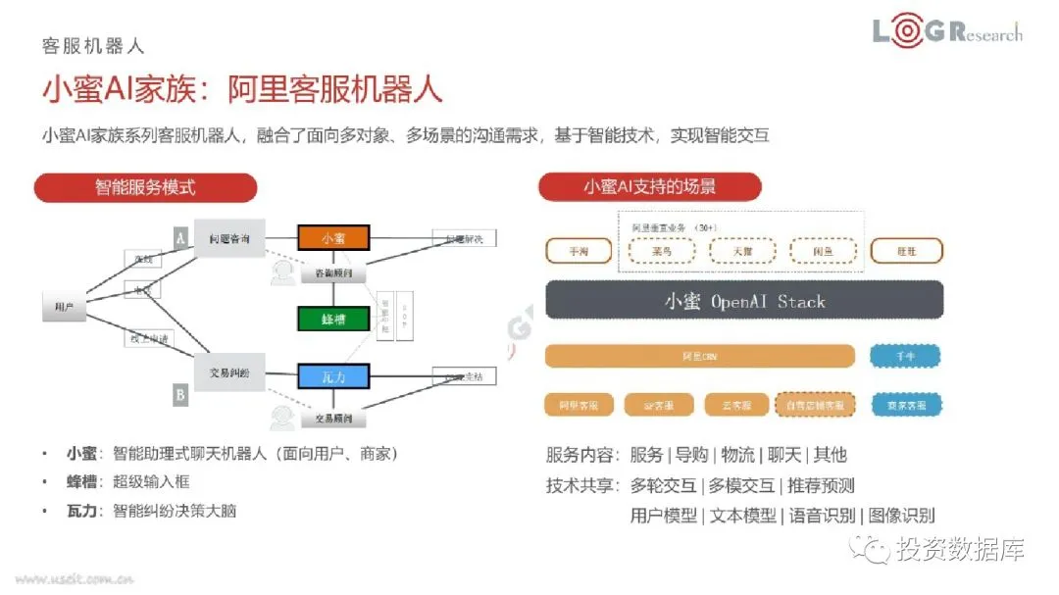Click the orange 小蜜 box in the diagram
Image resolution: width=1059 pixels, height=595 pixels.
333,238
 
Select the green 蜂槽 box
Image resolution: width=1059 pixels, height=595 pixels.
333,319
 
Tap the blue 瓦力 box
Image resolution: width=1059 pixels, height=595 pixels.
333,375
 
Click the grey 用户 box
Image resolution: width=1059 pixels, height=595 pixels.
64,308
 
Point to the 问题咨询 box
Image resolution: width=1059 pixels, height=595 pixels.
229,238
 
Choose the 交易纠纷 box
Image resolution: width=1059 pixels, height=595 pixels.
229,372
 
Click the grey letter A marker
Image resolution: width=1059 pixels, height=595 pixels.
180,237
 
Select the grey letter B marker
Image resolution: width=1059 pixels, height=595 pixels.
180,395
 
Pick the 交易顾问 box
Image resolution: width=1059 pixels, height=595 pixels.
333,419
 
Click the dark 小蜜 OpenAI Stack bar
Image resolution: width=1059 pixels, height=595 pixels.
744,301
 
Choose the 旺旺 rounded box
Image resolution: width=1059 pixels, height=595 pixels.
906,251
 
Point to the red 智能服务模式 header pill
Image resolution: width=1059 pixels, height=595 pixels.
145,187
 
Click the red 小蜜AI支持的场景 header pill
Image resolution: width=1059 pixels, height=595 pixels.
649,187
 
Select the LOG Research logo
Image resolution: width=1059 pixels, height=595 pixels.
947,32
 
